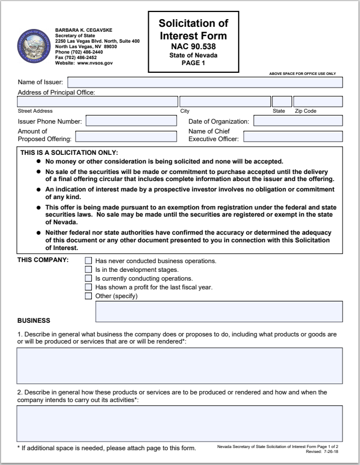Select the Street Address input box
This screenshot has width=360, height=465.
(x=97, y=102)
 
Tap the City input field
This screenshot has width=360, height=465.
(x=225, y=102)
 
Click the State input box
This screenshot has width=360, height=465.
(x=282, y=102)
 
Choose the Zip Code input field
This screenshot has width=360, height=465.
(x=318, y=102)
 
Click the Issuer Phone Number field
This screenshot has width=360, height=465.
(x=131, y=121)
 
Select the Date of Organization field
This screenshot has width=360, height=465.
(x=298, y=121)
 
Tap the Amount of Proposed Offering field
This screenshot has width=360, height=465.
(x=126, y=137)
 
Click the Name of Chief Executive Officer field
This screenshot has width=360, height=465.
(x=293, y=137)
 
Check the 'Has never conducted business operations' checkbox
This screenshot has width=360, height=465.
(x=89, y=261)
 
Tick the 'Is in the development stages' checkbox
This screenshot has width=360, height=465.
(x=89, y=270)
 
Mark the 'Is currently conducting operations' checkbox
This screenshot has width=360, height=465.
(x=89, y=278)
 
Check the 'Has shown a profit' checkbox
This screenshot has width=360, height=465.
(x=89, y=287)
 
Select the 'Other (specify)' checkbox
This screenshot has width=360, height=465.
(x=89, y=296)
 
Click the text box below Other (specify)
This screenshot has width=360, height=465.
(x=219, y=311)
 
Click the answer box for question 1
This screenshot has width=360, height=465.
(x=179, y=365)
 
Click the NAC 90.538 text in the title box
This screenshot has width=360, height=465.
(x=193, y=47)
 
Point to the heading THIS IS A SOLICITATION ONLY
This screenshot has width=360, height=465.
(x=69, y=153)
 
